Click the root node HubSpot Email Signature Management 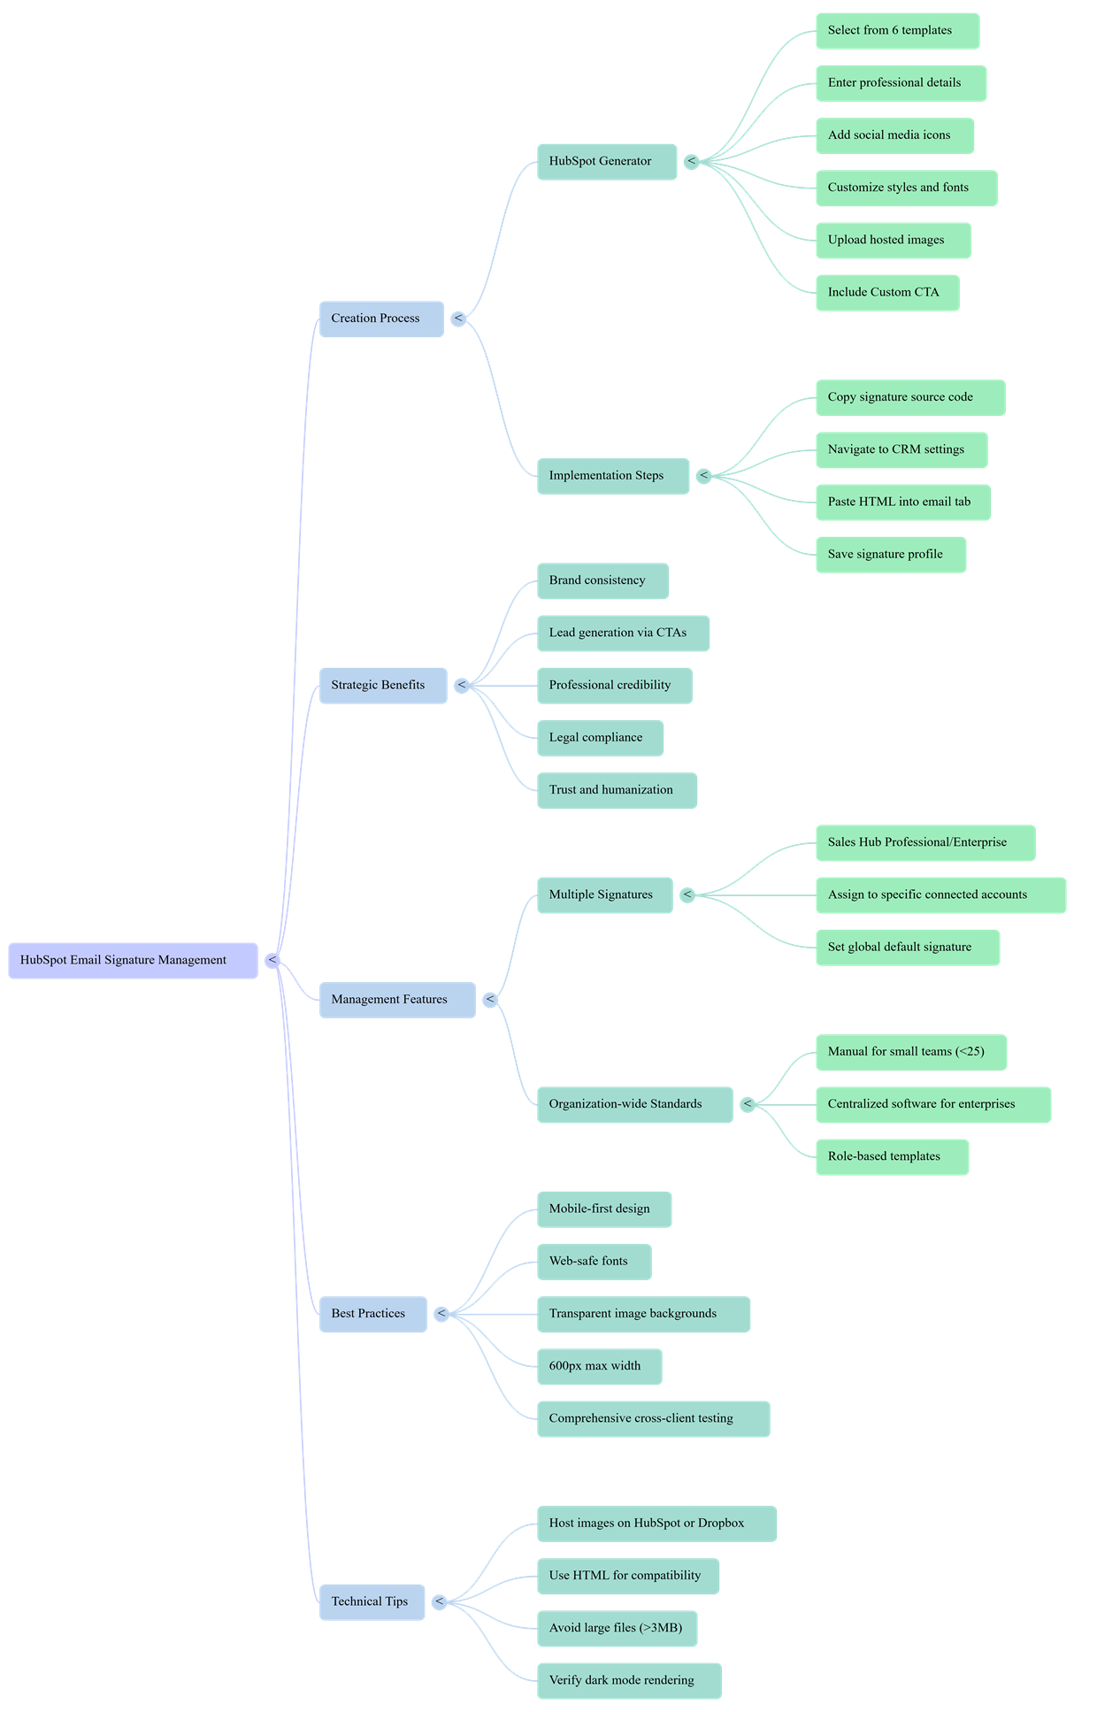pyautogui.click(x=133, y=960)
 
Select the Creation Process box pyautogui.click(x=381, y=319)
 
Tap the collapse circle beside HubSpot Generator pyautogui.click(x=692, y=162)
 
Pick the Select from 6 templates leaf pyautogui.click(x=897, y=31)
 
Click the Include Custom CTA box pyautogui.click(x=887, y=293)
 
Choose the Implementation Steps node pyautogui.click(x=612, y=476)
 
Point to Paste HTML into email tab pyautogui.click(x=902, y=502)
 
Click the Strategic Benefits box pyautogui.click(x=383, y=686)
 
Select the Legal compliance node pyautogui.click(x=600, y=738)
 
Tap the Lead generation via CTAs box pyautogui.click(x=623, y=633)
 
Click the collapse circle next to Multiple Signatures pyautogui.click(x=687, y=895)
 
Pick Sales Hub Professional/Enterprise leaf pyautogui.click(x=924, y=842)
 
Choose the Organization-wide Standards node pyautogui.click(x=634, y=1104)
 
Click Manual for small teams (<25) pyautogui.click(x=910, y=1052)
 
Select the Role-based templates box pyautogui.click(x=892, y=1156)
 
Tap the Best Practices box pyautogui.click(x=372, y=1314)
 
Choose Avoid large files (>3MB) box pyautogui.click(x=617, y=1628)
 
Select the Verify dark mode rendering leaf pyautogui.click(x=629, y=1680)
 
